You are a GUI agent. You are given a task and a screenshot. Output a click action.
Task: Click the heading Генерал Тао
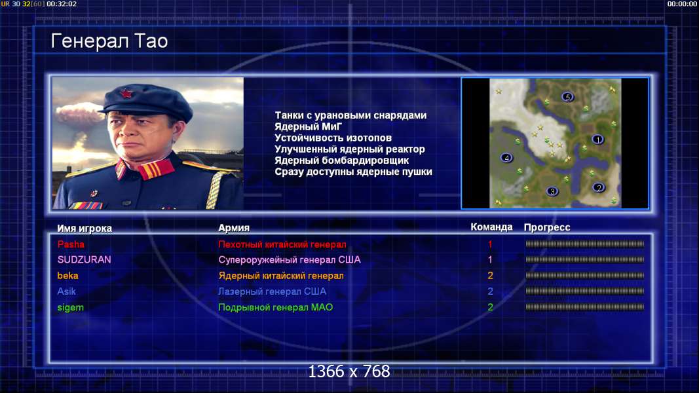[109, 41]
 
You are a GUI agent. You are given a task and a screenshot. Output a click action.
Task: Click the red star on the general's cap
[126, 94]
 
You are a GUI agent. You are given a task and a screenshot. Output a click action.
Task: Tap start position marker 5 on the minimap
[567, 97]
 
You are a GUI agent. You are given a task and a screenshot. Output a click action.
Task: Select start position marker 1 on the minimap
[597, 140]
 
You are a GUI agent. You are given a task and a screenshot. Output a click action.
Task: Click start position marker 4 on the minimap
[506, 158]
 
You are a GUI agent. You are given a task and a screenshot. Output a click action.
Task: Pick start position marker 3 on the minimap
[552, 191]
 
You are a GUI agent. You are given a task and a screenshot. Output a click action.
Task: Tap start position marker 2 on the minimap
[599, 187]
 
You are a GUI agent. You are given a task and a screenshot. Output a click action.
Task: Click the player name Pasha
[71, 244]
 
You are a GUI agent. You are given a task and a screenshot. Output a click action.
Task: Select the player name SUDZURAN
[85, 260]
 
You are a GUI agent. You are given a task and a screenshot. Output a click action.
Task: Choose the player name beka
[67, 276]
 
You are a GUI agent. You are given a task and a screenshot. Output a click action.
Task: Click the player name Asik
[66, 291]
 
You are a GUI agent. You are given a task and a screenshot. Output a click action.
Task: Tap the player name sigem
[71, 307]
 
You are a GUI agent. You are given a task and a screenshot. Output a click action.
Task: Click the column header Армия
[234, 228]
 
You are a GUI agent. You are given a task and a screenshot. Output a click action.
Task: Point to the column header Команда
[492, 227]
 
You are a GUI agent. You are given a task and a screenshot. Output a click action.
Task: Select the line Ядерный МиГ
[309, 126]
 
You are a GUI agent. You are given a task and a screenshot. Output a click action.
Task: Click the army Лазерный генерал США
[273, 291]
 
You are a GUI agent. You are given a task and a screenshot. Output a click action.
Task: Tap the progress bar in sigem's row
[585, 307]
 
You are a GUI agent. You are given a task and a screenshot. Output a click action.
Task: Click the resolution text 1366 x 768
[349, 371]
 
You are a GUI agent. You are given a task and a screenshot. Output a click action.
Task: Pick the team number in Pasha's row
[490, 244]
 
